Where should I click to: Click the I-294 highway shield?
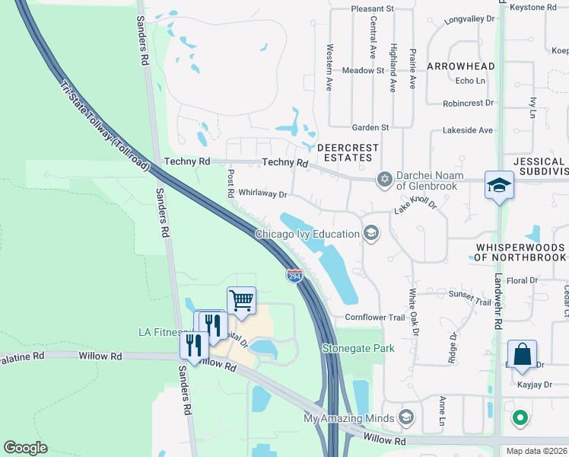pyautogui.click(x=295, y=275)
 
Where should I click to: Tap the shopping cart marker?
pyautogui.click(x=241, y=300)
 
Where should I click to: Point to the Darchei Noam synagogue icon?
pyautogui.click(x=385, y=180)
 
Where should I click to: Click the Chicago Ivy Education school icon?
pyautogui.click(x=371, y=233)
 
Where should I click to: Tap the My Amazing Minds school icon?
pyautogui.click(x=406, y=417)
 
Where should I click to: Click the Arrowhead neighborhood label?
pyautogui.click(x=460, y=66)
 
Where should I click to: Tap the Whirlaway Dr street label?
pyautogui.click(x=262, y=194)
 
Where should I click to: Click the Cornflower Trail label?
pyautogui.click(x=375, y=317)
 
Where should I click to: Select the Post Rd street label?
pyautogui.click(x=229, y=184)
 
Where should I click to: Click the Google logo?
pyautogui.click(x=26, y=448)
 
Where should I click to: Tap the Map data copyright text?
pyautogui.click(x=536, y=451)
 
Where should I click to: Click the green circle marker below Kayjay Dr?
pyautogui.click(x=520, y=417)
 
